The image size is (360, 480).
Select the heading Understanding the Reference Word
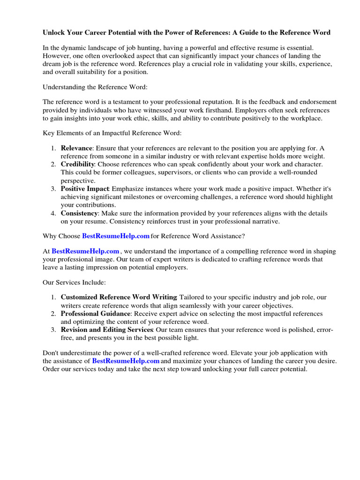pos(91,87)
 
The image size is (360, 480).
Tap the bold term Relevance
pos(77,148)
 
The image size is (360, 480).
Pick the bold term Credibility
pos(77,165)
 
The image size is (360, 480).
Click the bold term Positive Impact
pos(85,189)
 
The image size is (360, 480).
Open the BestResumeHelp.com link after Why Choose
pos(116,235)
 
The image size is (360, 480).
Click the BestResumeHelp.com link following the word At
pos(85,251)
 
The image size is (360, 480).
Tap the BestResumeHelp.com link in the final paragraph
pos(126,361)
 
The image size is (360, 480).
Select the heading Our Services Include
pos(74,283)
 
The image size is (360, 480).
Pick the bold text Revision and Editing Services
pos(107,330)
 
